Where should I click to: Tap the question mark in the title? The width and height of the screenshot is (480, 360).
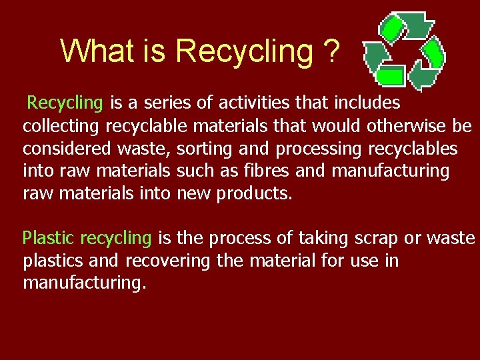330,51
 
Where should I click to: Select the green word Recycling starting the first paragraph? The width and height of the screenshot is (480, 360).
65,103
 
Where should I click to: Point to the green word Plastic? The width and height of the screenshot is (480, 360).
49,238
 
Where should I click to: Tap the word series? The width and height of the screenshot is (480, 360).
175,103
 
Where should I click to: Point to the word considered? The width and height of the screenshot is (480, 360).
62,148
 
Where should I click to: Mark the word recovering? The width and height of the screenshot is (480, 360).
167,261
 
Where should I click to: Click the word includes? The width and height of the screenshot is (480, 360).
367,103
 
